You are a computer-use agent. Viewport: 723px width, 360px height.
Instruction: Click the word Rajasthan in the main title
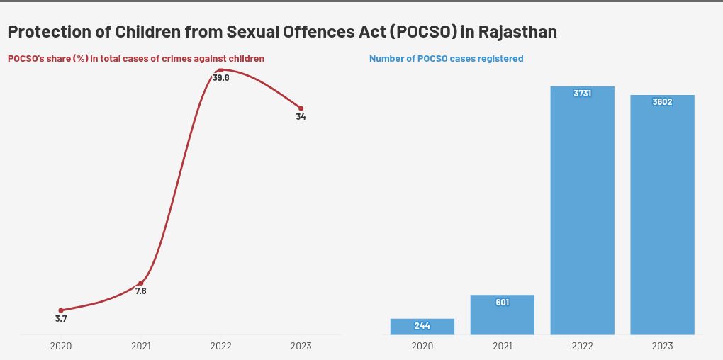click(x=517, y=32)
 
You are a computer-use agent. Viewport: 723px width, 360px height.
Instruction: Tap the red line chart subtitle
click(x=136, y=59)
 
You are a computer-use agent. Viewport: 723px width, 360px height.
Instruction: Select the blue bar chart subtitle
click(x=446, y=59)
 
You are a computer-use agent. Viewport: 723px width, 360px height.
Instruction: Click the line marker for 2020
click(x=61, y=310)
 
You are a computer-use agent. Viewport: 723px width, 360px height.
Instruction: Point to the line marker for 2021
click(x=140, y=283)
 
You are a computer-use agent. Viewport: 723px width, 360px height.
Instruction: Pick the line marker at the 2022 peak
click(x=220, y=70)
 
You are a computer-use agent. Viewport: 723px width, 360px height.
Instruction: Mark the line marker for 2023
click(x=301, y=108)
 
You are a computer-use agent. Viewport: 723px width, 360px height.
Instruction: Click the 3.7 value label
click(x=61, y=319)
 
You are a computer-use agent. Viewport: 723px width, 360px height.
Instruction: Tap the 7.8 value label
click(x=140, y=291)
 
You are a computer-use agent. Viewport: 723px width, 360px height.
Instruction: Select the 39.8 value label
click(x=221, y=78)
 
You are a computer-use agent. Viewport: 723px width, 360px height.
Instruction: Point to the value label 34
click(x=301, y=117)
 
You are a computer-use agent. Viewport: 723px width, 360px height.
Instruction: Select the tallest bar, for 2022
click(x=582, y=213)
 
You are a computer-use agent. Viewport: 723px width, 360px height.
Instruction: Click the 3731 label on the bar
click(x=582, y=94)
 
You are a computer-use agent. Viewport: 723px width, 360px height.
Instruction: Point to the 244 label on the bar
click(x=422, y=326)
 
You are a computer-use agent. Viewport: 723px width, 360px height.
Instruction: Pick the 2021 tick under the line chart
click(x=140, y=346)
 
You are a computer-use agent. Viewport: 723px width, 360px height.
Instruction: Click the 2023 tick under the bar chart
click(x=662, y=346)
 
